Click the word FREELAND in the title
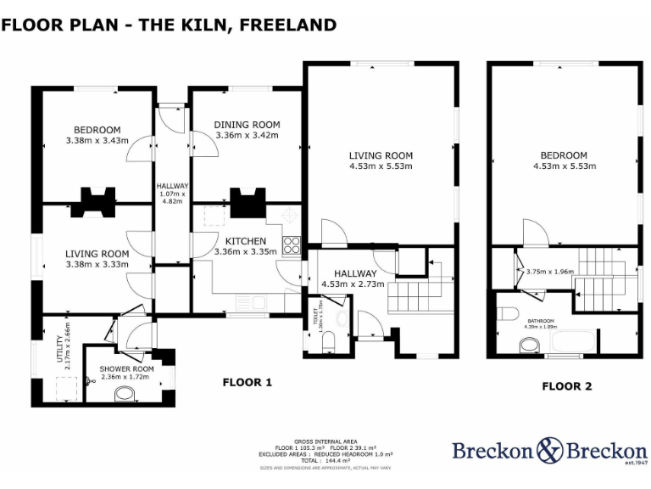click(x=288, y=25)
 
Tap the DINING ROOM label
click(x=247, y=125)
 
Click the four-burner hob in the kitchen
click(x=291, y=245)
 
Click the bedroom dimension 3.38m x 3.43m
click(x=96, y=140)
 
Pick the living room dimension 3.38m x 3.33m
click(x=97, y=264)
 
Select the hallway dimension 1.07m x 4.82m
click(x=172, y=198)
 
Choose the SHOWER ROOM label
click(x=126, y=368)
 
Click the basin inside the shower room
click(x=125, y=393)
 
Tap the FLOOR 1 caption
click(x=247, y=383)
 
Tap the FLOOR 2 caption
click(x=566, y=386)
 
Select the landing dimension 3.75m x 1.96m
click(x=550, y=273)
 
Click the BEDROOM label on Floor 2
click(x=564, y=155)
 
